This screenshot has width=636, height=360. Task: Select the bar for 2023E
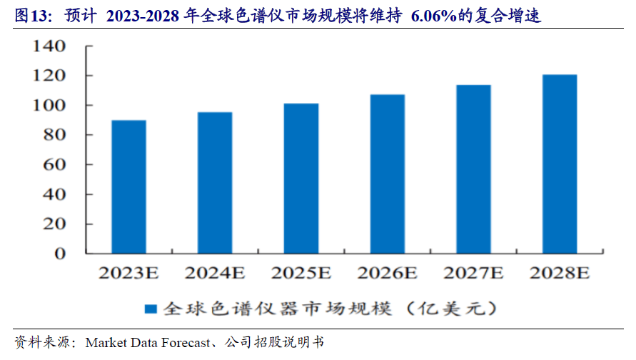tap(128, 186)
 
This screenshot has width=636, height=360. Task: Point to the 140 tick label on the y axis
tap(50, 46)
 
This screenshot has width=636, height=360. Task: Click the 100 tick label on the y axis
tap(50, 106)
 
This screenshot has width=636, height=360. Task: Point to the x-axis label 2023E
tap(128, 272)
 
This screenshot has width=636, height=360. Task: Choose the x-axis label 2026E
tap(388, 272)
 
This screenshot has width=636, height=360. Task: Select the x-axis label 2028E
tap(560, 272)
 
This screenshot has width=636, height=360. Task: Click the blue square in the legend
tap(151, 309)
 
